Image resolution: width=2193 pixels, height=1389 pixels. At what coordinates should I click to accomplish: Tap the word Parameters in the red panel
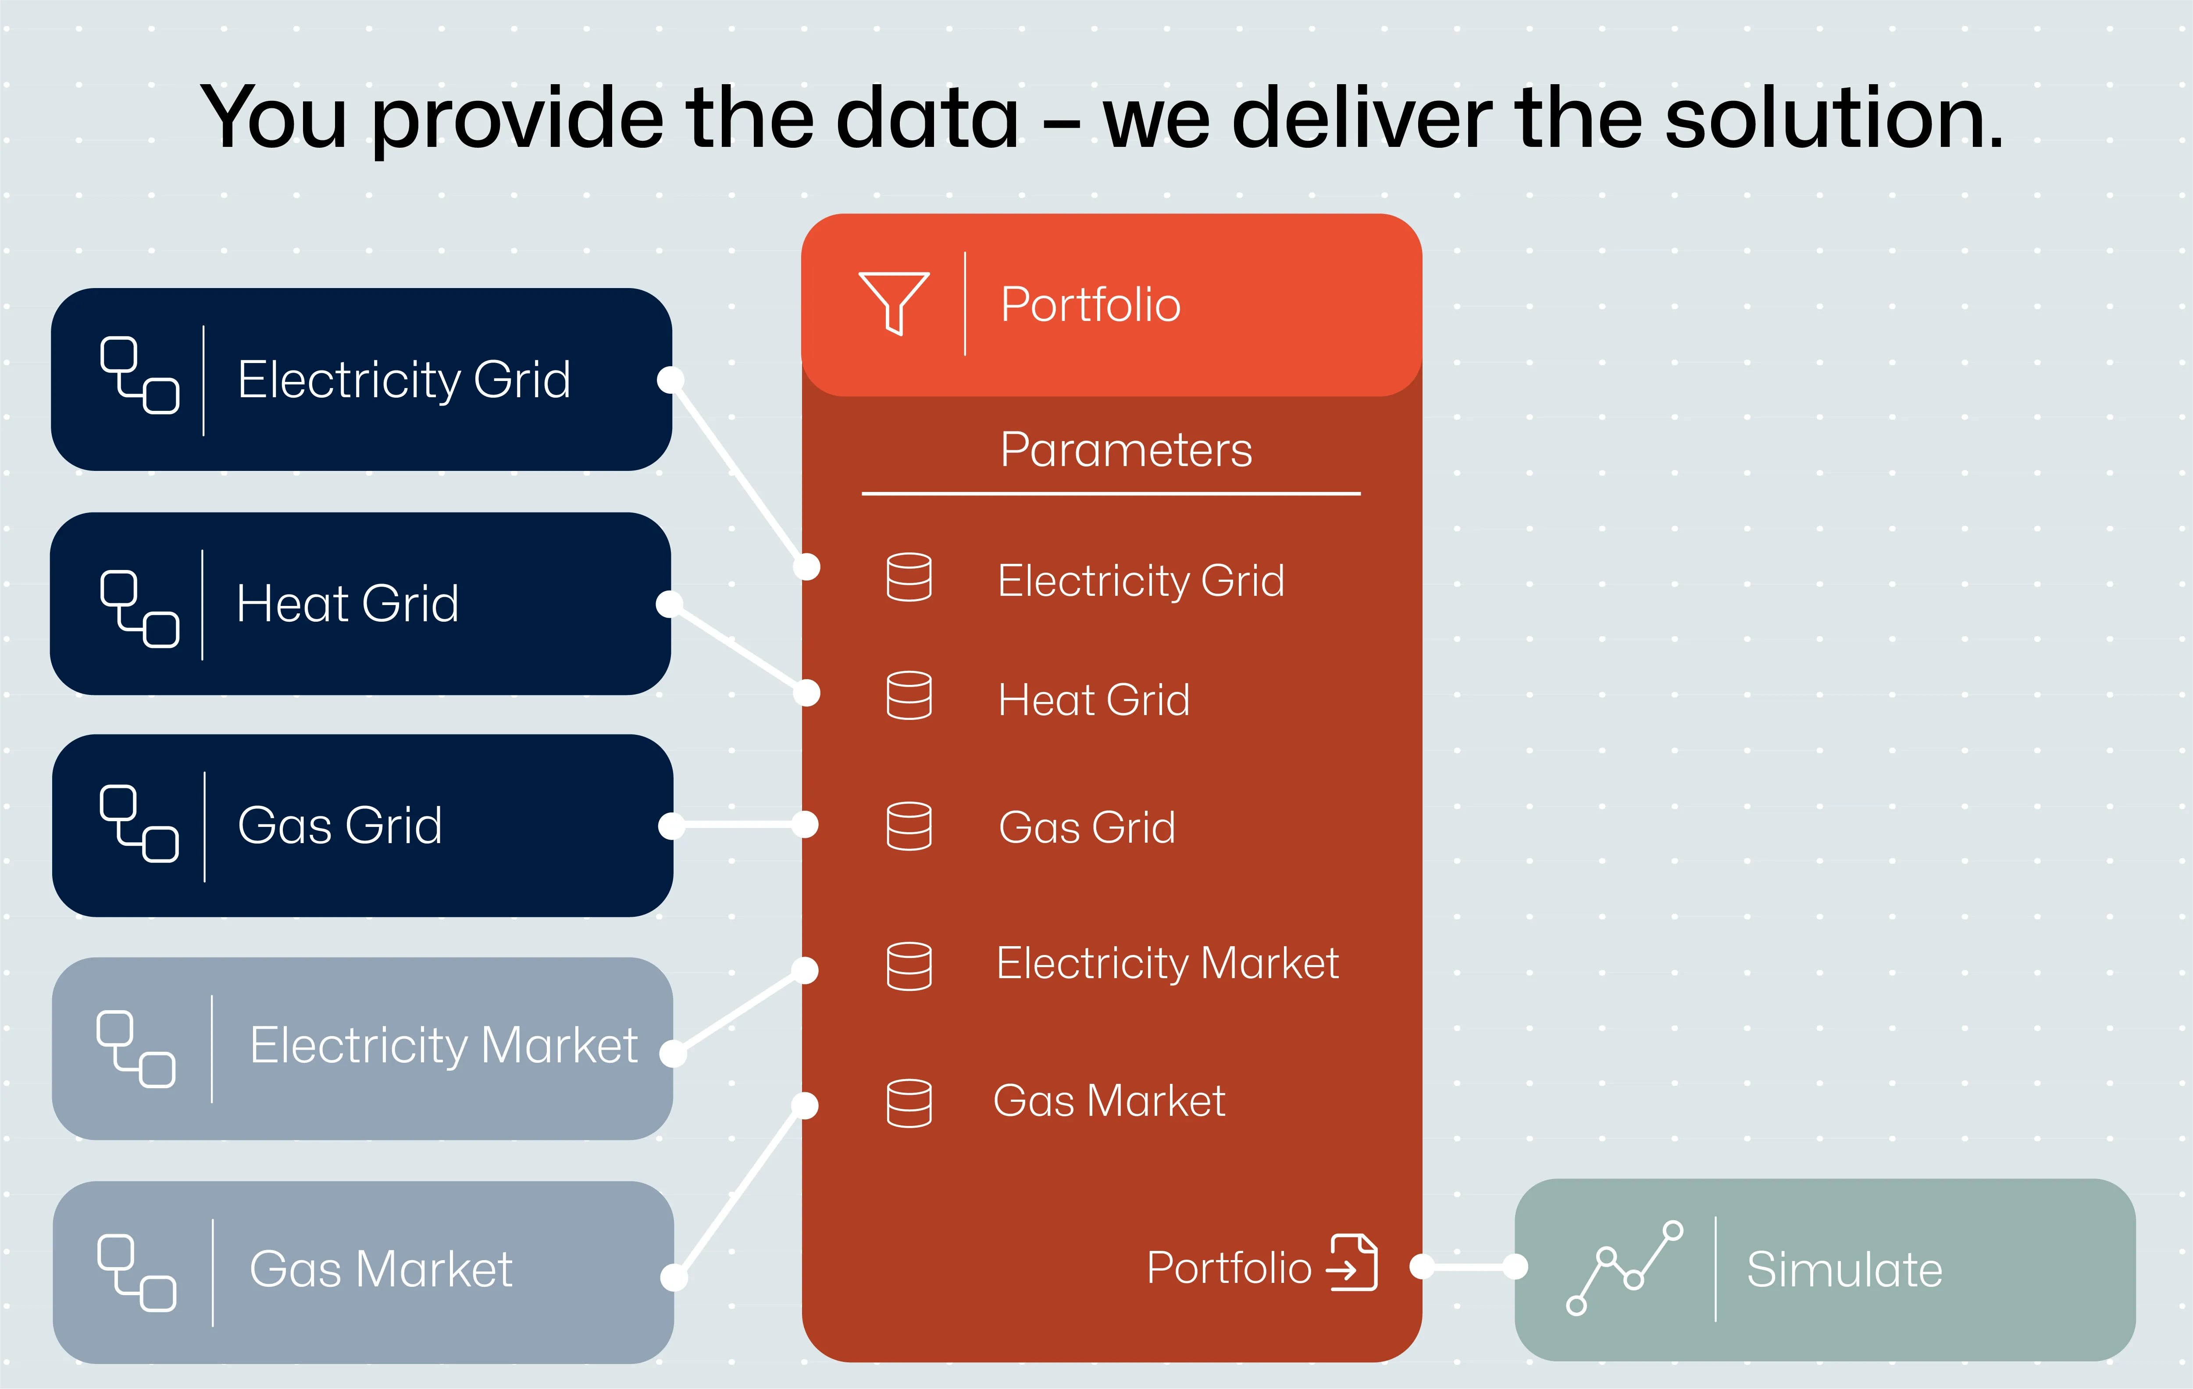pyautogui.click(x=1126, y=450)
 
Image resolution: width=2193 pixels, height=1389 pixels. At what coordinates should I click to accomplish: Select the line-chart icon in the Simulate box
pyautogui.click(x=1625, y=1268)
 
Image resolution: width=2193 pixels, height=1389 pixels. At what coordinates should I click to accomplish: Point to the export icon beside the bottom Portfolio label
pyautogui.click(x=1352, y=1262)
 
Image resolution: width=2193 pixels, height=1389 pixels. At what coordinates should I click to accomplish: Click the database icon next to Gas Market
pyautogui.click(x=909, y=1103)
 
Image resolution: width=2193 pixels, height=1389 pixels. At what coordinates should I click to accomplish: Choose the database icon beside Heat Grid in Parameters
pyautogui.click(x=909, y=696)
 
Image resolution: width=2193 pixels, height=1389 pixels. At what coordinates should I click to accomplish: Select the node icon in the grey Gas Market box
pyautogui.click(x=137, y=1273)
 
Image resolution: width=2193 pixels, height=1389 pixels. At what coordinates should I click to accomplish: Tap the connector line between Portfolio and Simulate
pyautogui.click(x=1468, y=1266)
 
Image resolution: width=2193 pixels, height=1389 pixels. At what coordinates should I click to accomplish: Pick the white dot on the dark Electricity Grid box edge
pyautogui.click(x=670, y=380)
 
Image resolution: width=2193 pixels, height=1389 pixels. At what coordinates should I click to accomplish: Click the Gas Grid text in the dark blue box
pyautogui.click(x=340, y=826)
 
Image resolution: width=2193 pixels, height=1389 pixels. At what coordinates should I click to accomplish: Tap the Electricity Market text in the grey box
pyautogui.click(x=443, y=1046)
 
